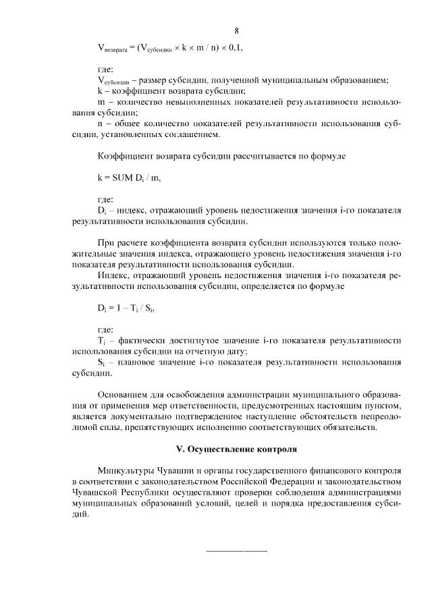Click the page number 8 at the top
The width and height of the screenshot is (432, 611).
click(x=236, y=30)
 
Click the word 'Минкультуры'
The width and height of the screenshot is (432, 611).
click(x=125, y=470)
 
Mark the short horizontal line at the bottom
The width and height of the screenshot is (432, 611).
click(x=236, y=552)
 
